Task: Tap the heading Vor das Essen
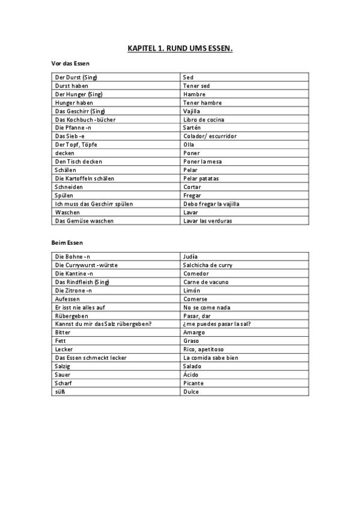click(x=70, y=63)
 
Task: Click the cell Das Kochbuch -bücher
click(x=85, y=120)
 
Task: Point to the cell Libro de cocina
click(x=203, y=120)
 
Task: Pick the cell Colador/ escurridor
click(x=209, y=137)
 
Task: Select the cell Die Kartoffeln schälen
click(x=85, y=179)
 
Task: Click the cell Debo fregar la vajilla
click(x=211, y=204)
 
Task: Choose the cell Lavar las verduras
click(x=207, y=221)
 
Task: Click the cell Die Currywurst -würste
click(x=87, y=265)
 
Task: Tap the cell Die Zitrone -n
click(x=73, y=290)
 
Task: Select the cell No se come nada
click(x=206, y=307)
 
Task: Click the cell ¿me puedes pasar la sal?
click(x=216, y=324)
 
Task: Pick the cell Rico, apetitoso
click(x=202, y=349)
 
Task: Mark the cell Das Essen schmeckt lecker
click(x=91, y=358)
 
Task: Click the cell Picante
click(x=193, y=383)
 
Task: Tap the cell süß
click(x=59, y=392)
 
